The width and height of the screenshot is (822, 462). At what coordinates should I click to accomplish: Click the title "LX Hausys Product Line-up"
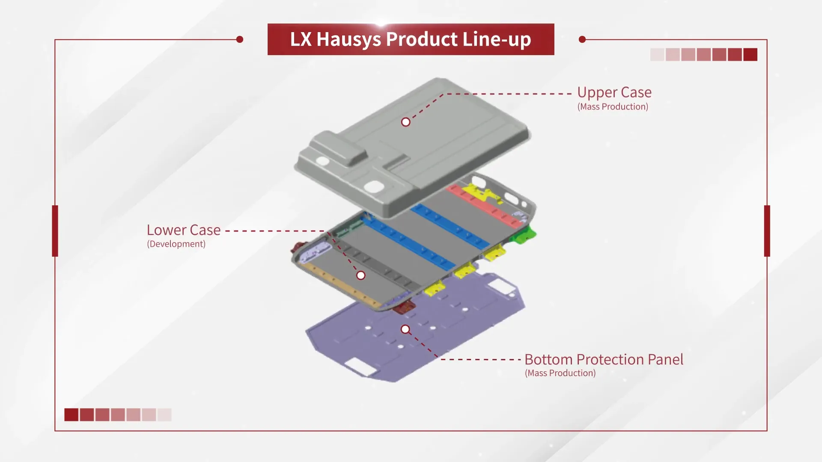(x=411, y=39)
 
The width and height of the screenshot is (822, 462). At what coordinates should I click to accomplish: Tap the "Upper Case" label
(x=614, y=92)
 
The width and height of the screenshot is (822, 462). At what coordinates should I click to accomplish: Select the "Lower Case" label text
(x=184, y=230)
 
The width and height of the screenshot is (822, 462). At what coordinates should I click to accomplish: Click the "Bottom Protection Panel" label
(x=604, y=359)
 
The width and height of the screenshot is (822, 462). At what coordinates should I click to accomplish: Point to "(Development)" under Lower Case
(x=176, y=244)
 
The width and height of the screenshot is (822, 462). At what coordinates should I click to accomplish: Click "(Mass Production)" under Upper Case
(x=613, y=107)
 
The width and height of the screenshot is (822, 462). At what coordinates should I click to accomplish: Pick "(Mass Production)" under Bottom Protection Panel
(x=560, y=373)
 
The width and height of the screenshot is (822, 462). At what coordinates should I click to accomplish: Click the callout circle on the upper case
(x=405, y=122)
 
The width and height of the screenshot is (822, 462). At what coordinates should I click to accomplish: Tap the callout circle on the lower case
(x=361, y=275)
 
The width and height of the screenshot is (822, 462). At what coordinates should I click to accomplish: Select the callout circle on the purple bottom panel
(x=405, y=329)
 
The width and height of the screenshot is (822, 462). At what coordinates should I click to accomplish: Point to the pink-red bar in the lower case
(x=484, y=205)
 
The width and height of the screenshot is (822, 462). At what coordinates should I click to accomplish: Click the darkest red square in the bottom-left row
(x=71, y=415)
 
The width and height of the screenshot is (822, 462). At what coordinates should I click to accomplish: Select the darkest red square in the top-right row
(x=750, y=55)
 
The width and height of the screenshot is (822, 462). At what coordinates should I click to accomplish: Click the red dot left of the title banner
(x=240, y=39)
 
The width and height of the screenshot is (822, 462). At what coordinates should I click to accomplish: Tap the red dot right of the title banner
(x=582, y=39)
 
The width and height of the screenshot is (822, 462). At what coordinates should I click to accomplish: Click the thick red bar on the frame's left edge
(x=55, y=231)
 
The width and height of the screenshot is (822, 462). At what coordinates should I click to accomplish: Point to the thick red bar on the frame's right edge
(x=767, y=231)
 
